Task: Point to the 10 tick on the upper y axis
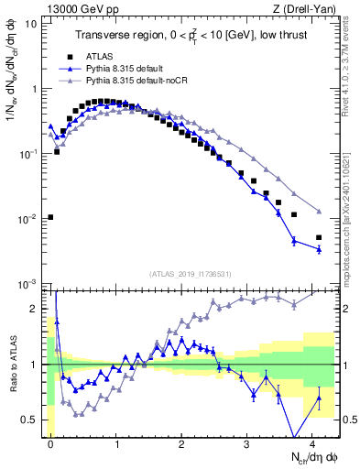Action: point(33,24)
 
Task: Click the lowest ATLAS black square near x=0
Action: point(50,217)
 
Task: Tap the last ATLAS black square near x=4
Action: point(319,238)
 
